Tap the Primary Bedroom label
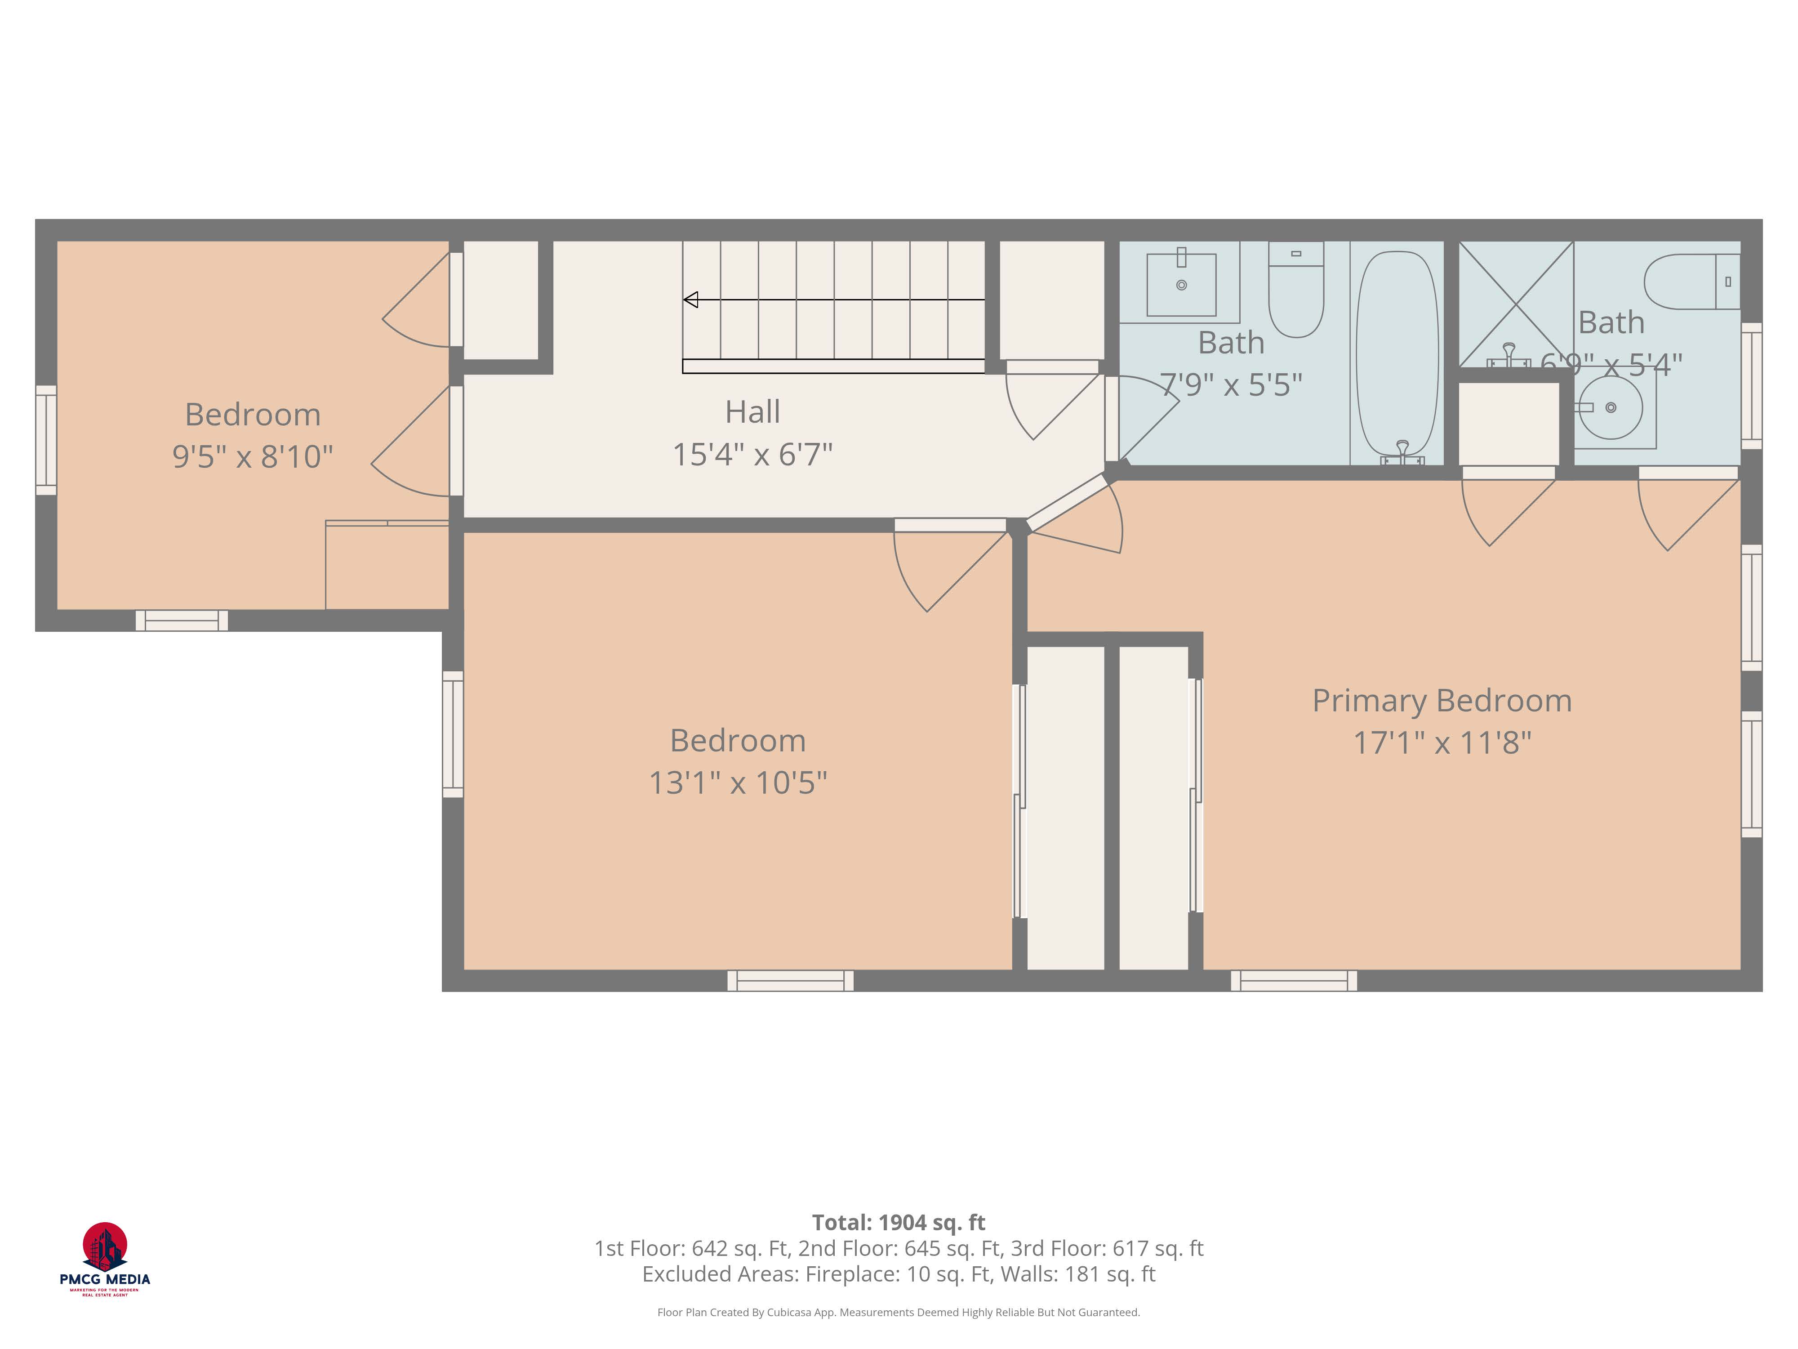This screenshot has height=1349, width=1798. [1442, 701]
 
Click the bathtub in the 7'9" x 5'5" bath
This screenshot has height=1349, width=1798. [1397, 354]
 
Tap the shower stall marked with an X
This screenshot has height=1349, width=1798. [1516, 304]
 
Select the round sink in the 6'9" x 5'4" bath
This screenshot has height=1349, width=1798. [1610, 407]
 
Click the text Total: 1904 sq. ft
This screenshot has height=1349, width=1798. [898, 1222]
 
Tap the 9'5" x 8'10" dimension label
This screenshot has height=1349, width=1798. [252, 457]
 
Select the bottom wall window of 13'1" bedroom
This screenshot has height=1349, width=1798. [790, 981]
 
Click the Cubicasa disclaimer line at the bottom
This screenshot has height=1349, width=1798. [898, 1312]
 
